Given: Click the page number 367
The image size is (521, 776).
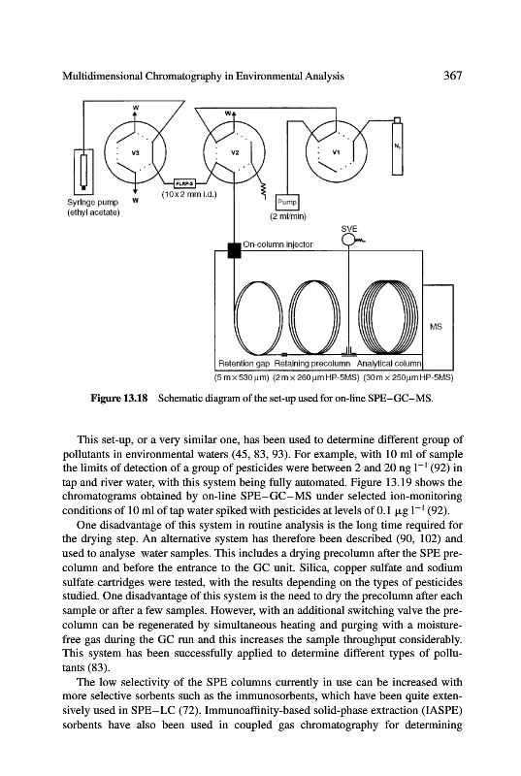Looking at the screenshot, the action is [x=452, y=76].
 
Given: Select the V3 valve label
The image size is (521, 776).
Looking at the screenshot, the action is [x=134, y=152].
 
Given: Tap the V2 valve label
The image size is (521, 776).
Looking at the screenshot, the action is [x=235, y=152].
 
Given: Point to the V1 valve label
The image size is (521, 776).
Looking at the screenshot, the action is [x=337, y=152].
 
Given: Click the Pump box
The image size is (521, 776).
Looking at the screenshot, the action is [x=287, y=202].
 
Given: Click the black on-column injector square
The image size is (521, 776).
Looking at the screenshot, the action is [x=234, y=250].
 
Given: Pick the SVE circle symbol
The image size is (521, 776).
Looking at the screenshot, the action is [x=349, y=240].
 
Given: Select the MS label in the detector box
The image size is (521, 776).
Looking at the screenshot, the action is [x=436, y=327].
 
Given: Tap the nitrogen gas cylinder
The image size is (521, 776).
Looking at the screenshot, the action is [x=397, y=146].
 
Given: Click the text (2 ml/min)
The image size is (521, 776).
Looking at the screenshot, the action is [x=288, y=216].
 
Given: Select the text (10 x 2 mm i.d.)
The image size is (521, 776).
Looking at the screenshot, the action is [x=189, y=194].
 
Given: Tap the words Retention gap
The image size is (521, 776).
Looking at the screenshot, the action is [x=244, y=363].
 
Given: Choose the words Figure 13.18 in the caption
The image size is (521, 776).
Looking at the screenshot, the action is [x=118, y=398].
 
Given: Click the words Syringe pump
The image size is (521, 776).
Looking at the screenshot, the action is [x=92, y=202].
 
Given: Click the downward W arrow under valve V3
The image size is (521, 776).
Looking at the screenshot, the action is [x=135, y=184].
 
